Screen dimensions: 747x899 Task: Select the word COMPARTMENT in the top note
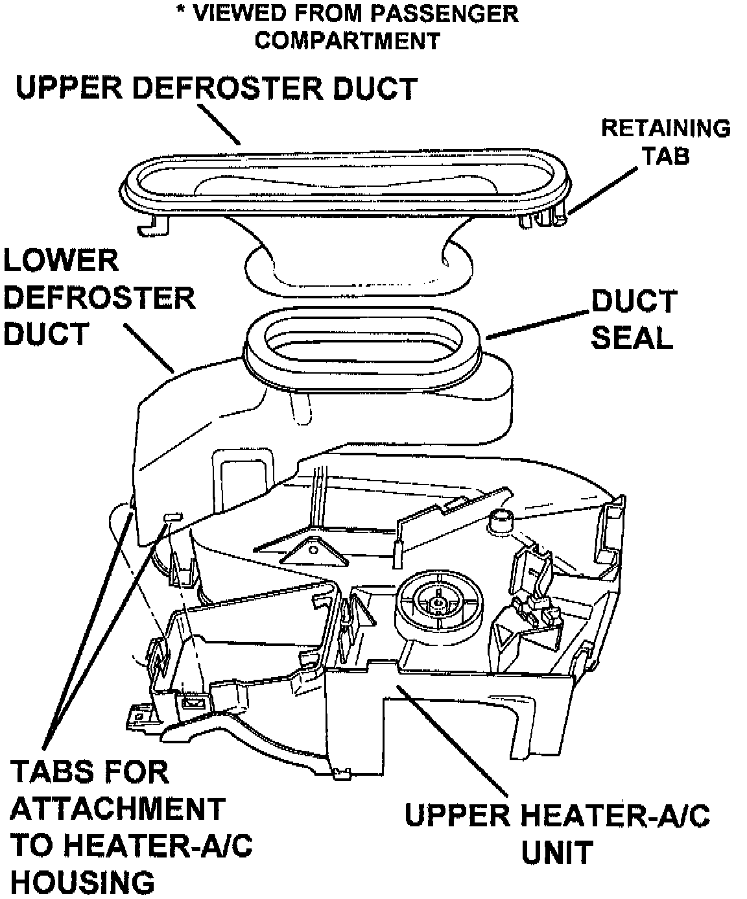tap(348, 41)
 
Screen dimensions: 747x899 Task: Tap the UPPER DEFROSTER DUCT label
tap(217, 88)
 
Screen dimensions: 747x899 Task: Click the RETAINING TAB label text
tap(666, 141)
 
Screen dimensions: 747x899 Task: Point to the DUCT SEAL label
tap(634, 319)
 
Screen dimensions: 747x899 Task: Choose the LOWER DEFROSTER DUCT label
tap(99, 297)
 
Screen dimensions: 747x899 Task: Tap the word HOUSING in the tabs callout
tap(82, 882)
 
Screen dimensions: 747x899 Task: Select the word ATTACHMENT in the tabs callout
tap(117, 809)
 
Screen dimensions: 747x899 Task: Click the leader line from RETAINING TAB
tap(603, 190)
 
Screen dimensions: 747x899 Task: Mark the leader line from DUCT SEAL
tap(538, 324)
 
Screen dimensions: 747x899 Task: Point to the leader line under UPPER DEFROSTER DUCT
tap(219, 124)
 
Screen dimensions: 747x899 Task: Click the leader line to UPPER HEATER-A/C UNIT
tap(452, 739)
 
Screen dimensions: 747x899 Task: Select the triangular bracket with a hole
tap(314, 552)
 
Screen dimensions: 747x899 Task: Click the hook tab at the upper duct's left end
tap(153, 224)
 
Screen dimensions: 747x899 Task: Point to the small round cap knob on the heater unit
tap(501, 521)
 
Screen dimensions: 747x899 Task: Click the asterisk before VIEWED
tap(182, 10)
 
